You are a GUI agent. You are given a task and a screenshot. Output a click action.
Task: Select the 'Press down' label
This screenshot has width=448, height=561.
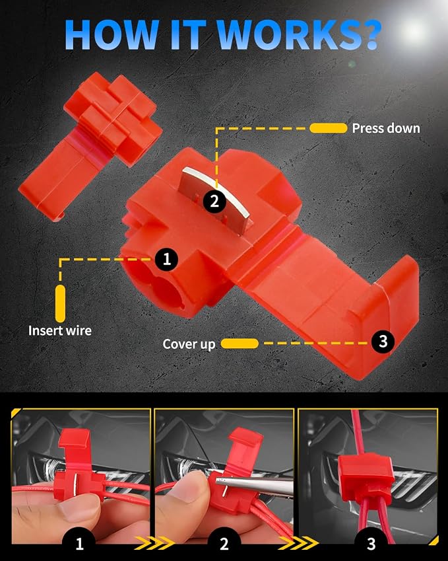click(386, 128)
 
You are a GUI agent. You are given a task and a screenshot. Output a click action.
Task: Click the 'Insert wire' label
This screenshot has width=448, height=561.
click(60, 330)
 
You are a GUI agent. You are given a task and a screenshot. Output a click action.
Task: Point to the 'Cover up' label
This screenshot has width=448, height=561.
click(189, 344)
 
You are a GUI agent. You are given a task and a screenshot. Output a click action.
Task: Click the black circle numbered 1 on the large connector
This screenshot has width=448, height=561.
click(166, 258)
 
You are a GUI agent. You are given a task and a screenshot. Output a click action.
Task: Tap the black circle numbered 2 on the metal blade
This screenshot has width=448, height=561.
click(214, 201)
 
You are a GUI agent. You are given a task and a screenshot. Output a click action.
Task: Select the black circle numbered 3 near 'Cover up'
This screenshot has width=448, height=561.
click(383, 341)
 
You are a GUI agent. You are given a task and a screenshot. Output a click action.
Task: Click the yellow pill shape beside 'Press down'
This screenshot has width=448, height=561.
click(329, 128)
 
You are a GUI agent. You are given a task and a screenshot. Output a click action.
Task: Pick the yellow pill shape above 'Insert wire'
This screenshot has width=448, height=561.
click(61, 303)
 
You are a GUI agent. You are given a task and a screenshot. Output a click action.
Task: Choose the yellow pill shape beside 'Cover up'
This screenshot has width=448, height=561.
click(240, 344)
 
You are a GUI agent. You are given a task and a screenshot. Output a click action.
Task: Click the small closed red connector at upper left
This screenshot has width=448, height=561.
click(90, 145)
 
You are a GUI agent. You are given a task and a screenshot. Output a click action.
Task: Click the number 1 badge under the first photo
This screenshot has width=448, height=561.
click(79, 542)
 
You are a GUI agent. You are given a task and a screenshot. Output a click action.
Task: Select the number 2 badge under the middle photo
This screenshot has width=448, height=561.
click(224, 542)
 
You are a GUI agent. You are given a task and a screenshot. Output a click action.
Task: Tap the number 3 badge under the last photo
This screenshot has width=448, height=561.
click(371, 542)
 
